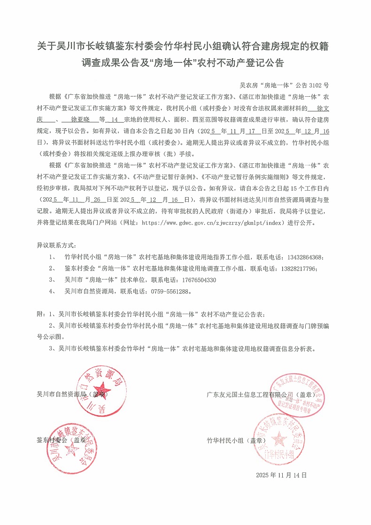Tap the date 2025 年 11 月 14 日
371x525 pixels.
click(281, 475)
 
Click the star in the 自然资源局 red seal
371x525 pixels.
click(103, 390)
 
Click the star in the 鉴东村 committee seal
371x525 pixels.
click(73, 450)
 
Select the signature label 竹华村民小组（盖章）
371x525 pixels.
click(233, 440)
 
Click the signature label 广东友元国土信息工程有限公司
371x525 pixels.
click(249, 394)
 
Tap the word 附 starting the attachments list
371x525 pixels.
click(40, 313)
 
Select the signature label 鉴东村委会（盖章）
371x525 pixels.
click(61, 440)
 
